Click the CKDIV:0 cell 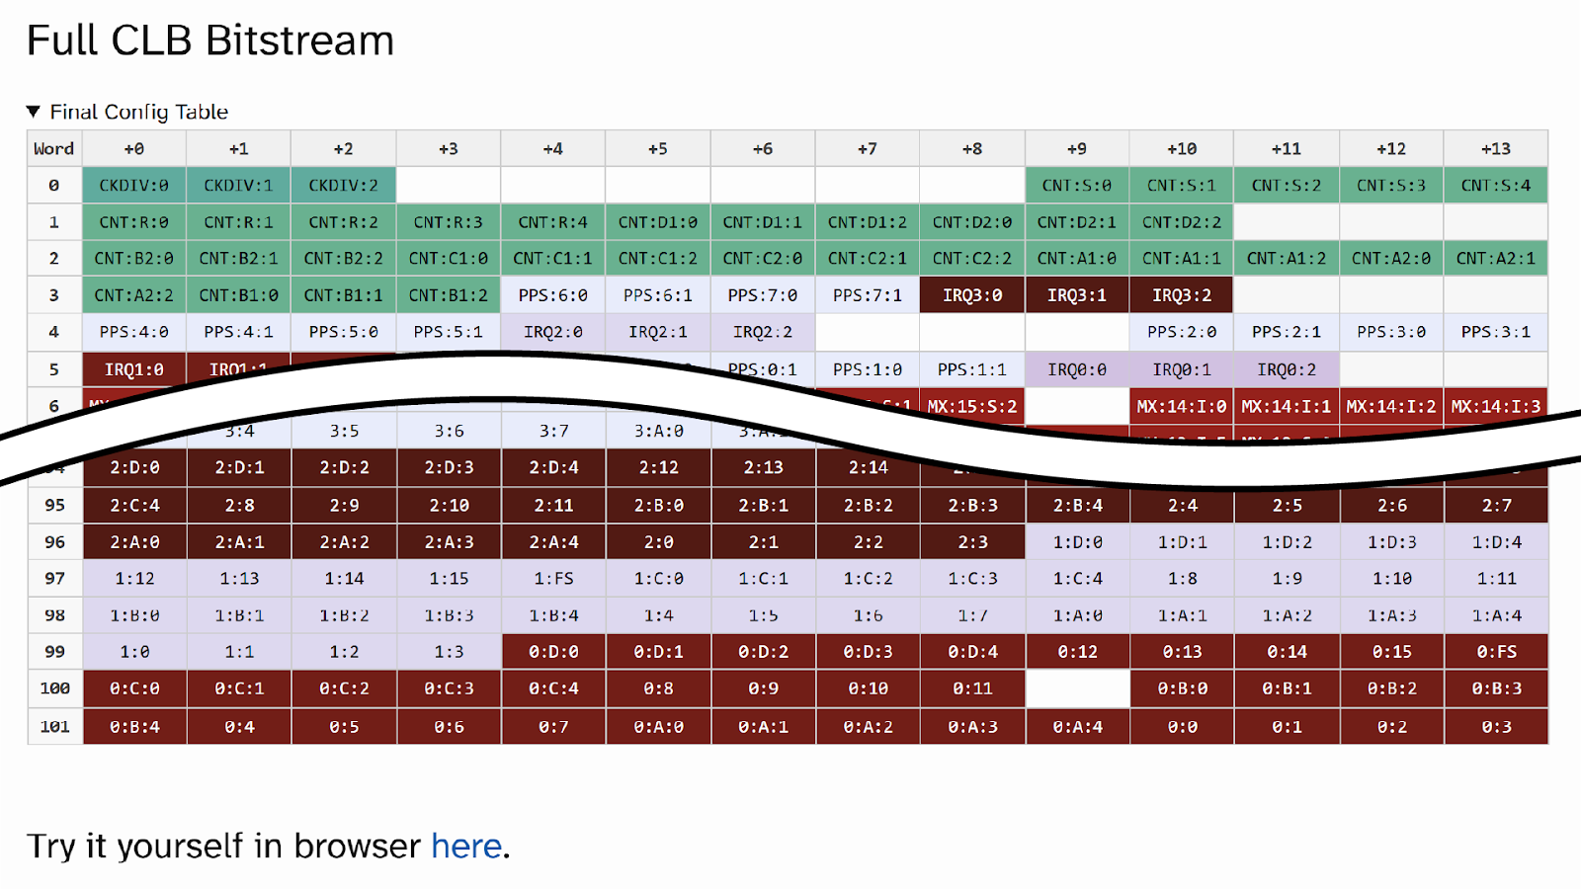point(134,186)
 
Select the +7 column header point(867,149)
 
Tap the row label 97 point(54,579)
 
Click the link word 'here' point(466,847)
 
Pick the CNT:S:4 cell point(1495,186)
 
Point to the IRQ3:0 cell point(972,295)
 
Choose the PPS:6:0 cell point(553,295)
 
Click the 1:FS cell point(553,579)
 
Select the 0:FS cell point(1495,652)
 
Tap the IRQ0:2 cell point(1287,369)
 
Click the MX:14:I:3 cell point(1495,406)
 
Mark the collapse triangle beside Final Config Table point(34,112)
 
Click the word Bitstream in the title point(299,41)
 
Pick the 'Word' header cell point(54,149)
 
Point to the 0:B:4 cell point(134,727)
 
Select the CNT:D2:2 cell point(1182,222)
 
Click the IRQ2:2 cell point(763,332)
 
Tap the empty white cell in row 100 point(1077,688)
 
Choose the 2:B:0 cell point(658,506)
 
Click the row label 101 point(54,727)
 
